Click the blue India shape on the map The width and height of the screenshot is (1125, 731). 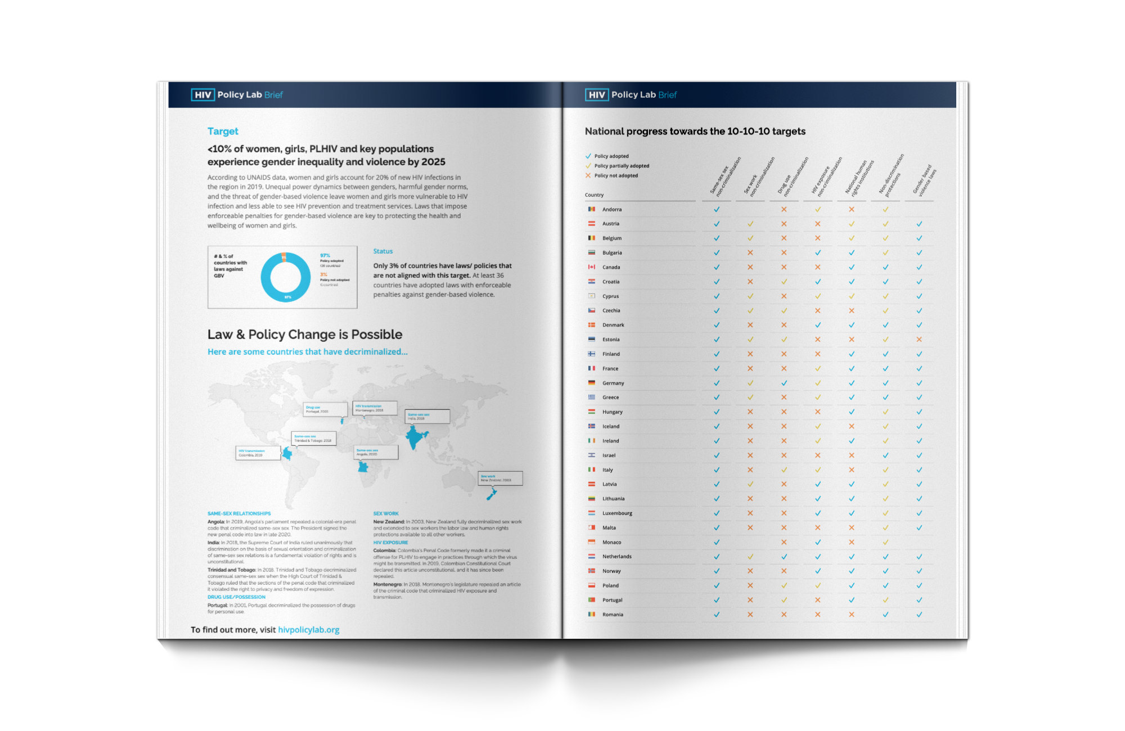tap(415, 437)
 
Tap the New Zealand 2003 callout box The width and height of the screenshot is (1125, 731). tap(500, 478)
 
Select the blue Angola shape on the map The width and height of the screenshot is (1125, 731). tap(363, 467)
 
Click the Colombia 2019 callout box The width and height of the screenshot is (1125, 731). tap(258, 453)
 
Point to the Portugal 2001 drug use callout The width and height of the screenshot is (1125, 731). tap(325, 409)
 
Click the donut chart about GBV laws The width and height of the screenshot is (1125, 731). tap(285, 277)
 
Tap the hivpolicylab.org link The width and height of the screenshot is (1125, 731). tap(308, 630)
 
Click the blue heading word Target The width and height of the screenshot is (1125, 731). tap(223, 131)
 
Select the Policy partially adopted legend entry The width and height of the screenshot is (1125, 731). tap(621, 166)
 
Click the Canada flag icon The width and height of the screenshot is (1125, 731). tap(591, 267)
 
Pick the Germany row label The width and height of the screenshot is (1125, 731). tap(613, 383)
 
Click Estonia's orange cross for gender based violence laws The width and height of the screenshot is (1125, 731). tap(919, 340)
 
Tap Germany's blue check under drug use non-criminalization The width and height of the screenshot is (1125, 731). tap(784, 383)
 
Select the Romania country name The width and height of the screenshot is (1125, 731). tap(612, 615)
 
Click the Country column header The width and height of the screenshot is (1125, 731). tap(594, 195)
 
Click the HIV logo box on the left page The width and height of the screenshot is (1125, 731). tap(202, 95)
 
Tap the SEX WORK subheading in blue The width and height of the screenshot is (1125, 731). tap(386, 513)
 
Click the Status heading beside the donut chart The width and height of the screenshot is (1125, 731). tap(382, 251)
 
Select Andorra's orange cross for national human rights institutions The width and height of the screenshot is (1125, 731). tap(851, 209)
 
